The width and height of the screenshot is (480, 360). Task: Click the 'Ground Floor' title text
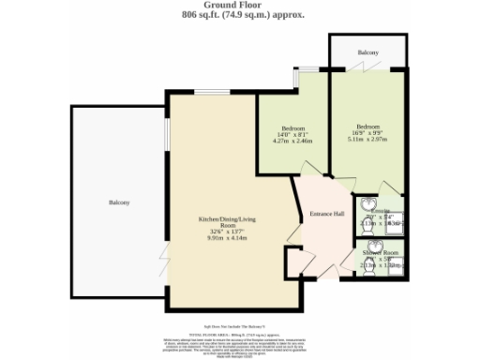pyautogui.click(x=239, y=6)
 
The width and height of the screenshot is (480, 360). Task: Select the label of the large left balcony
pyautogui.click(x=118, y=202)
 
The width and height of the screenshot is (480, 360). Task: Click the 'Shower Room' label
pyautogui.click(x=381, y=254)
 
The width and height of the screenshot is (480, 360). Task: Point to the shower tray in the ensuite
pyautogui.click(x=394, y=224)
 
